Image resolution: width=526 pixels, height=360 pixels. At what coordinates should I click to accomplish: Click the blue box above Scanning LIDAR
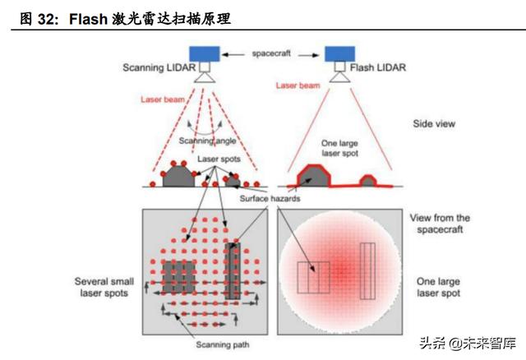click(205, 53)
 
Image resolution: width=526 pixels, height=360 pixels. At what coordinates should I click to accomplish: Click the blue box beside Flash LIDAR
click(335, 53)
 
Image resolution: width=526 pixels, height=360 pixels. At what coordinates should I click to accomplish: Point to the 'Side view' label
click(434, 124)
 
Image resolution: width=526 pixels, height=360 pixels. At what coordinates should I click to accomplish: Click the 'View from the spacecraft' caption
click(440, 224)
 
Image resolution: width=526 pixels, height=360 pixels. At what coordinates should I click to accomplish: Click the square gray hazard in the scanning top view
click(178, 277)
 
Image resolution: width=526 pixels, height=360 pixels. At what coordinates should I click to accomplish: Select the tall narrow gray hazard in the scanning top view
click(233, 270)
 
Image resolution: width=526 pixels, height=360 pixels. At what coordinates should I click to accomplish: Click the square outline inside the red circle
click(313, 277)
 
